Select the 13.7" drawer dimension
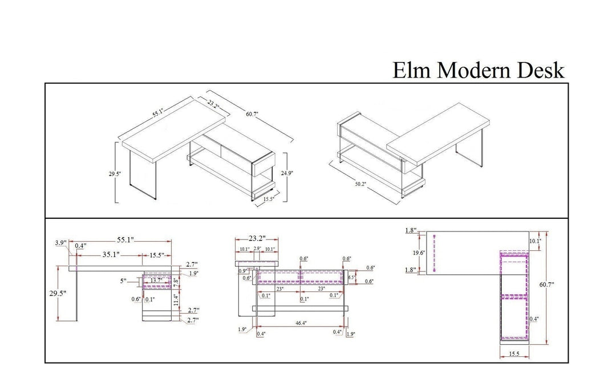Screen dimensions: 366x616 (156, 280)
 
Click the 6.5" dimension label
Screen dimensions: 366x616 (352, 277)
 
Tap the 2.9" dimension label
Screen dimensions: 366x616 (257, 249)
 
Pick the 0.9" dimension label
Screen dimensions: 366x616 (242, 271)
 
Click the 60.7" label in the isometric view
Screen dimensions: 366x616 (253, 114)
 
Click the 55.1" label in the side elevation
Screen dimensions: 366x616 (125, 241)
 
